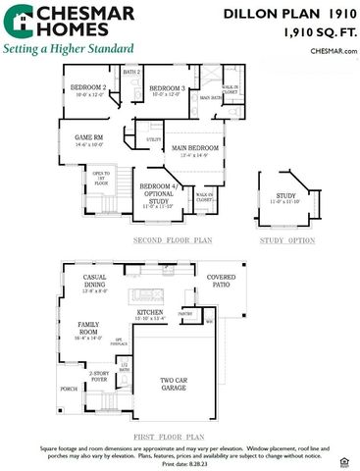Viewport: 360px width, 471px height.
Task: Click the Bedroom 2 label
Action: pyautogui.click(x=87, y=88)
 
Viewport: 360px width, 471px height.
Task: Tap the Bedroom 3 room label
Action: pyautogui.click(x=168, y=89)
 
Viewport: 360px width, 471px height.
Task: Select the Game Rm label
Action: pyautogui.click(x=91, y=138)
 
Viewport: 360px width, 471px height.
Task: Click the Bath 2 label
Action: pyautogui.click(x=131, y=72)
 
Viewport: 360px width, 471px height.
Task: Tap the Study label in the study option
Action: pyautogui.click(x=285, y=196)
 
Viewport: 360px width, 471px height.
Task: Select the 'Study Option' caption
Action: pyautogui.click(x=287, y=239)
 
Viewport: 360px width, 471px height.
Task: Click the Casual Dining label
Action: pyautogui.click(x=101, y=282)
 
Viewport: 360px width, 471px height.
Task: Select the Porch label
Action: pyautogui.click(x=69, y=389)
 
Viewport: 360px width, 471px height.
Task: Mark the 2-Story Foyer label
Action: pyautogui.click(x=99, y=376)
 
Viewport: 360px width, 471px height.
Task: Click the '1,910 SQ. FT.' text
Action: pyautogui.click(x=318, y=32)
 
